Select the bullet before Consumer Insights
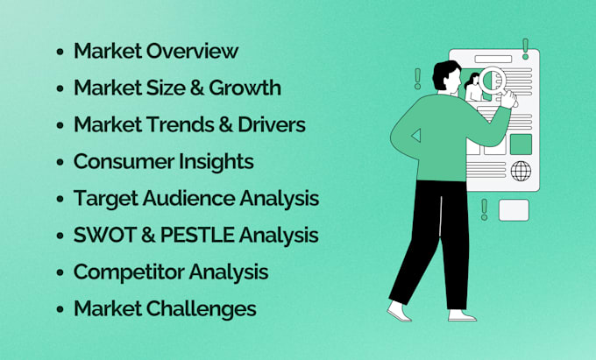pos(60,163)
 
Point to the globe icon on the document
pos(521,170)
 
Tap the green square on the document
pos(521,144)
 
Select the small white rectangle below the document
pos(514,210)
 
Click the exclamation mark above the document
pos(525,47)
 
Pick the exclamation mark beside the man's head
pos(416,80)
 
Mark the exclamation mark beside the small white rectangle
pos(484,208)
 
